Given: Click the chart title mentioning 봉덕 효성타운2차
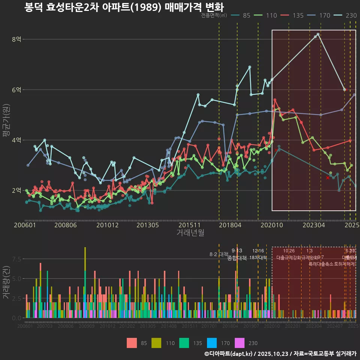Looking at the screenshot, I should click(x=124, y=7).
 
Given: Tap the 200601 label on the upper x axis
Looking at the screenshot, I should click(x=25, y=225).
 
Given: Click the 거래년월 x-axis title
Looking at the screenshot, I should click(x=190, y=233).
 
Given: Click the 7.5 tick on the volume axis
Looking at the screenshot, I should click(x=16, y=259).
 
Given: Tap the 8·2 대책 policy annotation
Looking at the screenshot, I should click(x=219, y=254).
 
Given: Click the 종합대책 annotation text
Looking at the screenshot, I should click(x=237, y=258).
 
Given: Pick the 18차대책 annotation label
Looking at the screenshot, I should click(x=258, y=258).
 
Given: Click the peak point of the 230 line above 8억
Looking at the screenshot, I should click(x=318, y=34).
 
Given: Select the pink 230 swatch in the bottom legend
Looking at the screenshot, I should click(x=239, y=343).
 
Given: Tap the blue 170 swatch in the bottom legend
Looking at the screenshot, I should click(x=212, y=343).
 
